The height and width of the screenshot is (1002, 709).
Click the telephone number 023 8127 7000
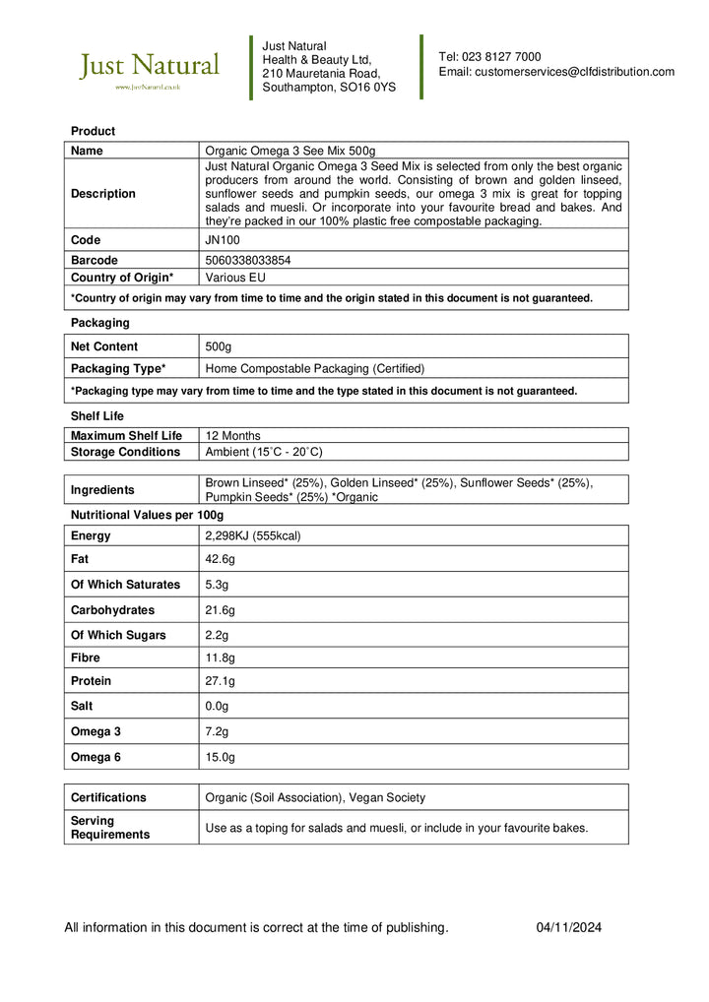click(x=502, y=57)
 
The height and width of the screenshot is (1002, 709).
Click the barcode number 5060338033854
click(x=247, y=261)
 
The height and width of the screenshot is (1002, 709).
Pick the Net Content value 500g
click(x=218, y=346)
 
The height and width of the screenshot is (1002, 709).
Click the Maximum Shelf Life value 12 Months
click(x=232, y=435)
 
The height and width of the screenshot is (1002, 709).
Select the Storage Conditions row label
click(x=125, y=452)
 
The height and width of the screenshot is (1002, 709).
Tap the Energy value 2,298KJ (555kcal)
click(x=252, y=535)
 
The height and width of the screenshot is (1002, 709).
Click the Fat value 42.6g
click(x=220, y=559)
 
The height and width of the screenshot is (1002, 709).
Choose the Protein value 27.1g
click(x=220, y=681)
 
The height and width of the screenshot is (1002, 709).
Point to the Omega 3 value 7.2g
click(x=217, y=731)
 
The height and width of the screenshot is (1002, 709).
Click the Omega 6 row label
click(x=96, y=757)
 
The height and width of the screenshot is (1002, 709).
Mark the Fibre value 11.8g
click(x=220, y=658)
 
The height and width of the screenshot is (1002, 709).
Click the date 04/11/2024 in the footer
click(x=568, y=927)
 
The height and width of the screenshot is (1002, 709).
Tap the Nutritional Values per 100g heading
click(x=147, y=515)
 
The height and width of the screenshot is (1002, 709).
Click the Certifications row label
click(x=108, y=797)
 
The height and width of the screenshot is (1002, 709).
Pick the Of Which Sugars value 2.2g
click(x=217, y=635)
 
